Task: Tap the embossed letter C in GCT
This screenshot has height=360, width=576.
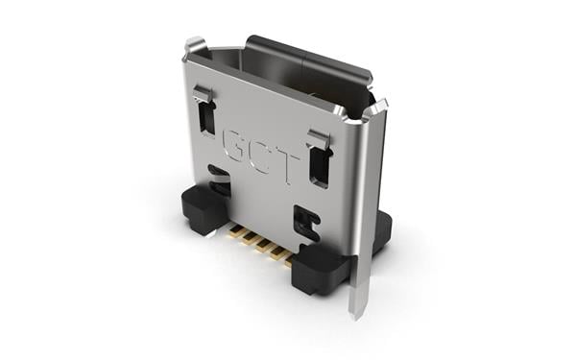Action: click(262, 152)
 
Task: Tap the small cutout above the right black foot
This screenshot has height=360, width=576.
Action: click(306, 224)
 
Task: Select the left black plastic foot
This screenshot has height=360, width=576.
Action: click(200, 208)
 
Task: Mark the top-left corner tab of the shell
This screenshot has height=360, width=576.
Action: click(195, 45)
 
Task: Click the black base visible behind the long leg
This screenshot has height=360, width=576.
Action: click(381, 230)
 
